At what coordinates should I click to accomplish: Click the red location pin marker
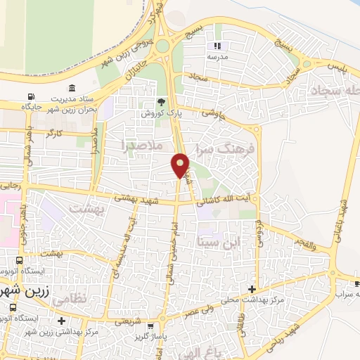click(x=180, y=165)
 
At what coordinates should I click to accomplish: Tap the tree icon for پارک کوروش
click(x=162, y=102)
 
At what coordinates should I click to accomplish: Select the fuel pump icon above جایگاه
click(x=30, y=98)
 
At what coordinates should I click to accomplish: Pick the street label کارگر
click(x=53, y=131)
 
